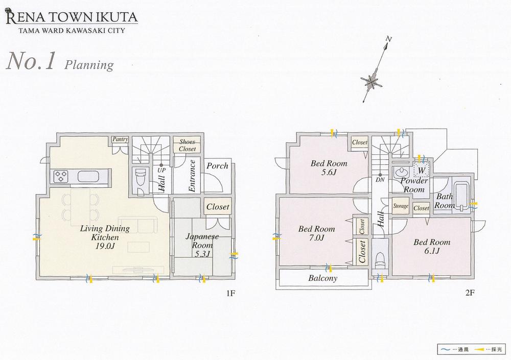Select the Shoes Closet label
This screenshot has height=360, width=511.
tap(187, 145)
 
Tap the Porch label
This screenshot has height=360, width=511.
tap(217, 166)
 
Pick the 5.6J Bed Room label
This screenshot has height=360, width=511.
tap(329, 168)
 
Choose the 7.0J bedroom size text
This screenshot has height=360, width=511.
tap(317, 237)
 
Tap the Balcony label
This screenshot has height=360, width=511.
tap(322, 278)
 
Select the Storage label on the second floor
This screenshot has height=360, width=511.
tap(401, 206)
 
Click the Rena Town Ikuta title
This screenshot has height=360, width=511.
tap(72, 19)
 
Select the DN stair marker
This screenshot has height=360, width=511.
tap(380, 180)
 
